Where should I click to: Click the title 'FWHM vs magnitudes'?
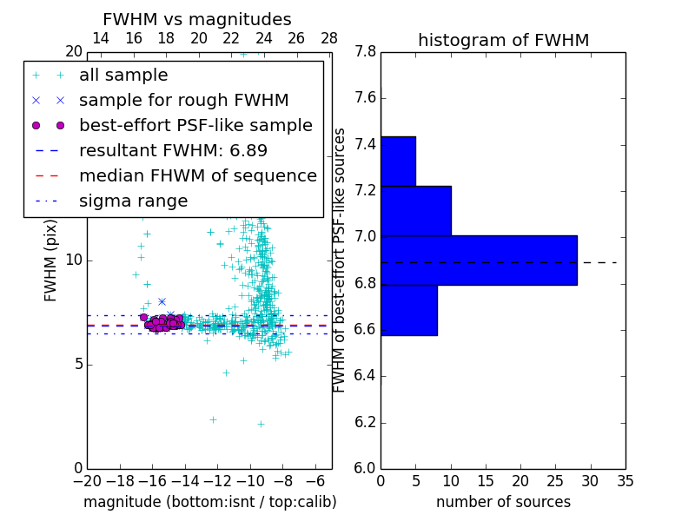click(x=196, y=20)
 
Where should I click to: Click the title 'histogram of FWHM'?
click(x=503, y=40)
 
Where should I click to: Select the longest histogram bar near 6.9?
click(x=479, y=260)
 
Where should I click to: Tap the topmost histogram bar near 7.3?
click(x=398, y=161)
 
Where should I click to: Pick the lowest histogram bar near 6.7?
click(x=408, y=310)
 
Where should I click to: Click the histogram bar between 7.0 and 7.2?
click(x=415, y=210)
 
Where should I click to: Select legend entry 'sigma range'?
click(x=133, y=201)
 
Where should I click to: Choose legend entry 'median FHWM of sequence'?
click(x=197, y=175)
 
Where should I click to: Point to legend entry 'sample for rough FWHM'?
click(x=183, y=100)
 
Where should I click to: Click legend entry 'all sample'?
click(x=123, y=75)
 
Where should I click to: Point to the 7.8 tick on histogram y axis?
click(x=365, y=52)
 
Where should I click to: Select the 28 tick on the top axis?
click(x=329, y=38)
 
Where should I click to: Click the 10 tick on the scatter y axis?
click(x=74, y=260)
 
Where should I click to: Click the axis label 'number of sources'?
click(x=503, y=502)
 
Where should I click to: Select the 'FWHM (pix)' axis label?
click(x=51, y=260)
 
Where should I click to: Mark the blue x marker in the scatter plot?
click(x=162, y=301)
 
